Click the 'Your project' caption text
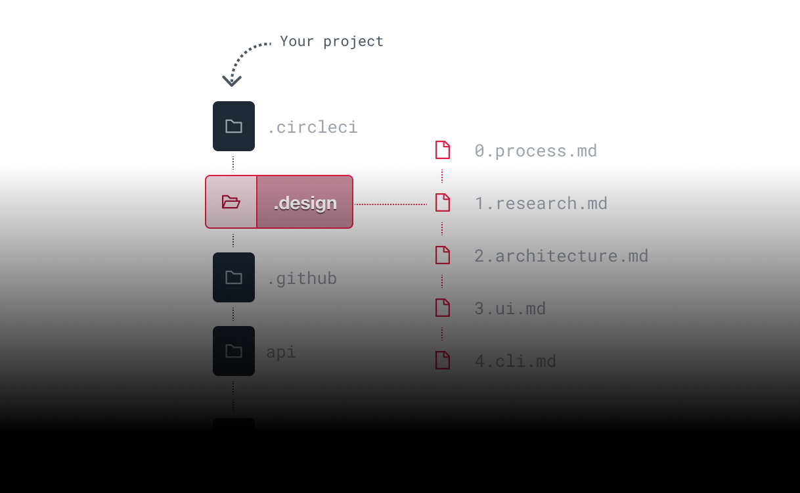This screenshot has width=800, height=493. [x=331, y=41]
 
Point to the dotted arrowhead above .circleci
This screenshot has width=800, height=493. [x=232, y=80]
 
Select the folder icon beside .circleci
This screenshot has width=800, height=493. [x=233, y=126]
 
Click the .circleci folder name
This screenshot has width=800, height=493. [x=312, y=127]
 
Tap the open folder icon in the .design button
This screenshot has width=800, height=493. [x=231, y=202]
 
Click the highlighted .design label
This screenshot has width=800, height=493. [x=305, y=203]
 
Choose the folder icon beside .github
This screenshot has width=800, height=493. [x=233, y=277]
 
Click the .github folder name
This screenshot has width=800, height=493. [x=301, y=279]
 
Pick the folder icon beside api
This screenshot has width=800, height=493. [x=233, y=351]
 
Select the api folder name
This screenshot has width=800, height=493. [x=281, y=352]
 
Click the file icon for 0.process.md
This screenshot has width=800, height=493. [x=443, y=150]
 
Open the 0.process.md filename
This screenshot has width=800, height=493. [x=536, y=151]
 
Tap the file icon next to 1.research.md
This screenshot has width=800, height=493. [x=443, y=202]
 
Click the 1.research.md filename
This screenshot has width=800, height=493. [x=541, y=203]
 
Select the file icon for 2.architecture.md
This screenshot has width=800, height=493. [x=443, y=255]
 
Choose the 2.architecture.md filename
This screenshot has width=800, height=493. [x=562, y=256]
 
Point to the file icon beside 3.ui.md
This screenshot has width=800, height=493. [x=443, y=308]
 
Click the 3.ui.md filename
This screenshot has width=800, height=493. [x=510, y=308]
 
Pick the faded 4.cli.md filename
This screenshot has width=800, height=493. [x=516, y=361]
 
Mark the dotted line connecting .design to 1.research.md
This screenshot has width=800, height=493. [x=391, y=204]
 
